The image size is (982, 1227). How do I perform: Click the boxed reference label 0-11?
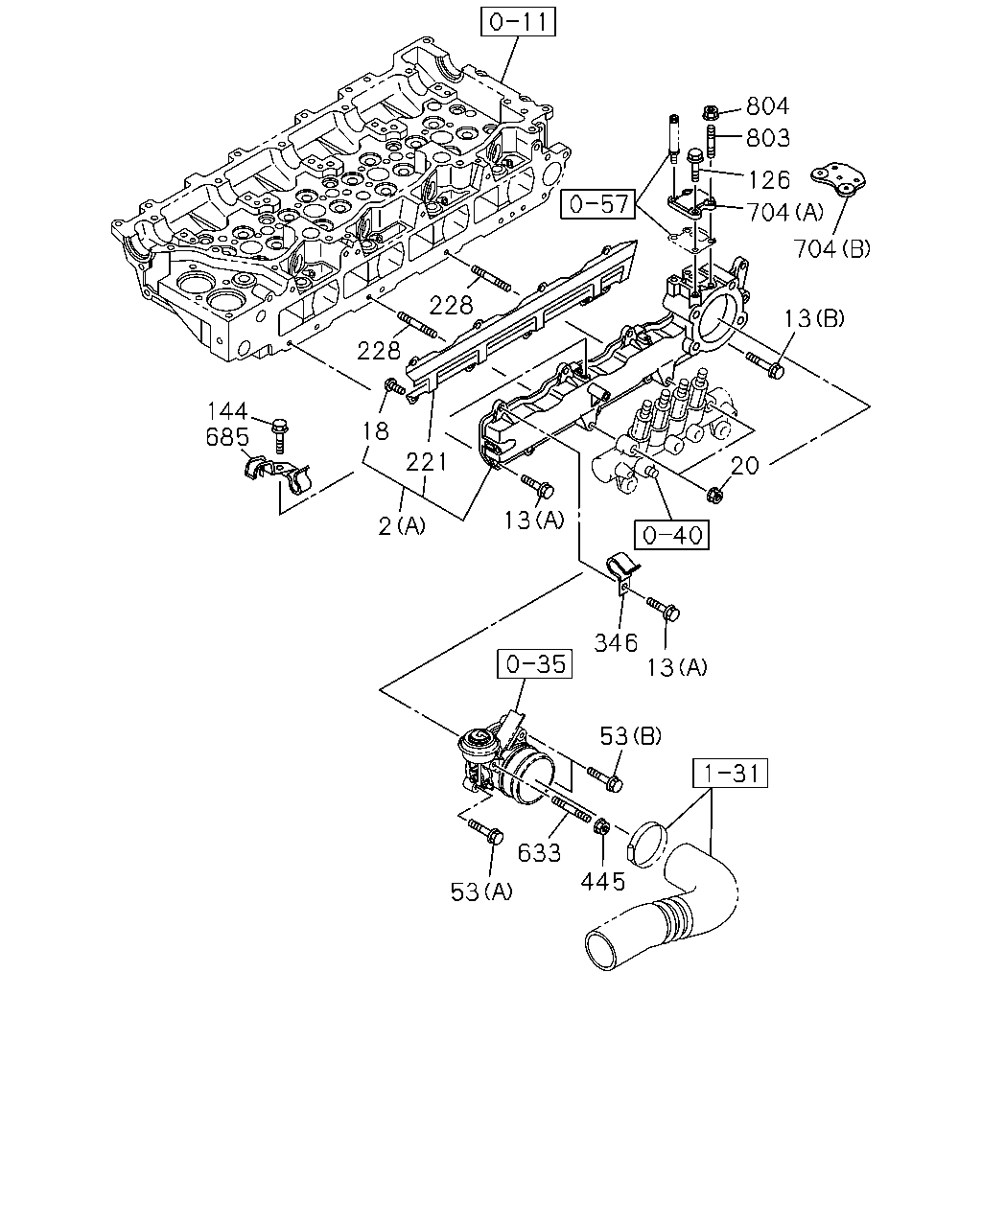point(518,22)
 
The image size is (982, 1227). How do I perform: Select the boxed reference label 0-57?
point(598,204)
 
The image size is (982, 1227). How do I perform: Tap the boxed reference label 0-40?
point(671,535)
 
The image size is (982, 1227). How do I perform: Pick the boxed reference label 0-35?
point(535,663)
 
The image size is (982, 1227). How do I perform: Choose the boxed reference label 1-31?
point(731,774)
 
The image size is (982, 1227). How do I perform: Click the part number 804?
point(768,106)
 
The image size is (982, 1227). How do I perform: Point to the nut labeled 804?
point(711,112)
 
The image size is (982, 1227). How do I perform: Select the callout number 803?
point(768,138)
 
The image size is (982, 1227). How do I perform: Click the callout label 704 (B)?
point(832,248)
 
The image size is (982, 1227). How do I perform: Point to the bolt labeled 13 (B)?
point(765,365)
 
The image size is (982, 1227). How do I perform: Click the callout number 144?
point(227,410)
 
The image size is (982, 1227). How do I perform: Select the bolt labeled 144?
point(280,436)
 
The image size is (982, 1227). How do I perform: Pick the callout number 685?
point(227,437)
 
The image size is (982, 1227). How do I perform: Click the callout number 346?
point(616,642)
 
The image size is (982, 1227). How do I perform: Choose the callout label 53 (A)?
point(481,891)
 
